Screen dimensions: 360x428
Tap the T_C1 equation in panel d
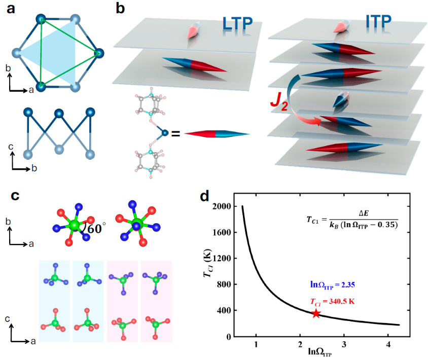click(x=350, y=219)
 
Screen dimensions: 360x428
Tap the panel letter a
click(x=12, y=9)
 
